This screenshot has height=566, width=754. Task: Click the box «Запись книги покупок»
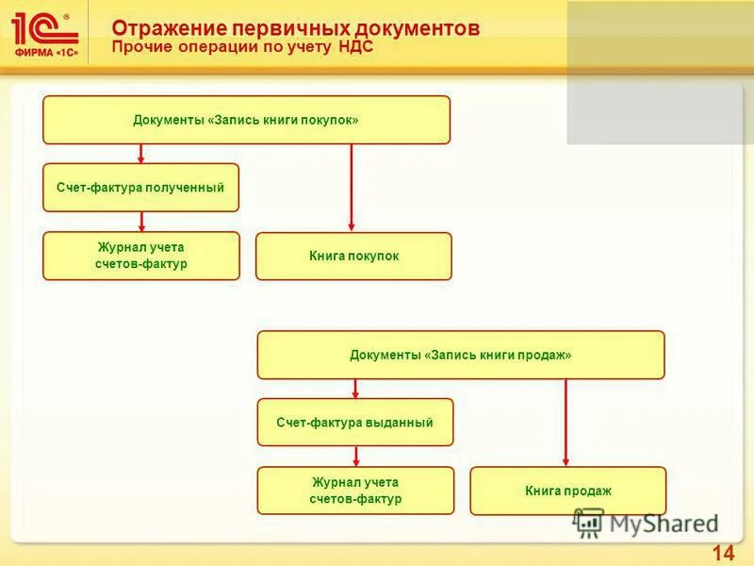pos(246,120)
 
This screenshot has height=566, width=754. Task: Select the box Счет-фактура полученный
pos(140,187)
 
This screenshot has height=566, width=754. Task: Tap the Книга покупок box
pos(353,256)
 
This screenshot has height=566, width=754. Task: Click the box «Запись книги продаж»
pos(460,355)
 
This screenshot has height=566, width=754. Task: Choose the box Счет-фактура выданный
pos(355,422)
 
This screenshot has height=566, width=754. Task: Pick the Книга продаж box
pos(567,491)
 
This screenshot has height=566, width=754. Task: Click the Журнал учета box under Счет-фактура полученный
pos(141,256)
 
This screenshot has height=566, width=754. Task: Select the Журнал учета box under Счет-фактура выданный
pos(355,491)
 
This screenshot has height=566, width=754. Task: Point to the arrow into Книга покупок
pos(352,188)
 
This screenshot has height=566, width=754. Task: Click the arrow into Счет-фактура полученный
pos(141,154)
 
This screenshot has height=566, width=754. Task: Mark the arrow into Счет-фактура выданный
pos(355,389)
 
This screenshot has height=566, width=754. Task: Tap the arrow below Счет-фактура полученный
pos(141,222)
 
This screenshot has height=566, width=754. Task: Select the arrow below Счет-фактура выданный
pos(355,457)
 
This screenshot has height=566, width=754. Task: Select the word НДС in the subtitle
pos(355,46)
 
